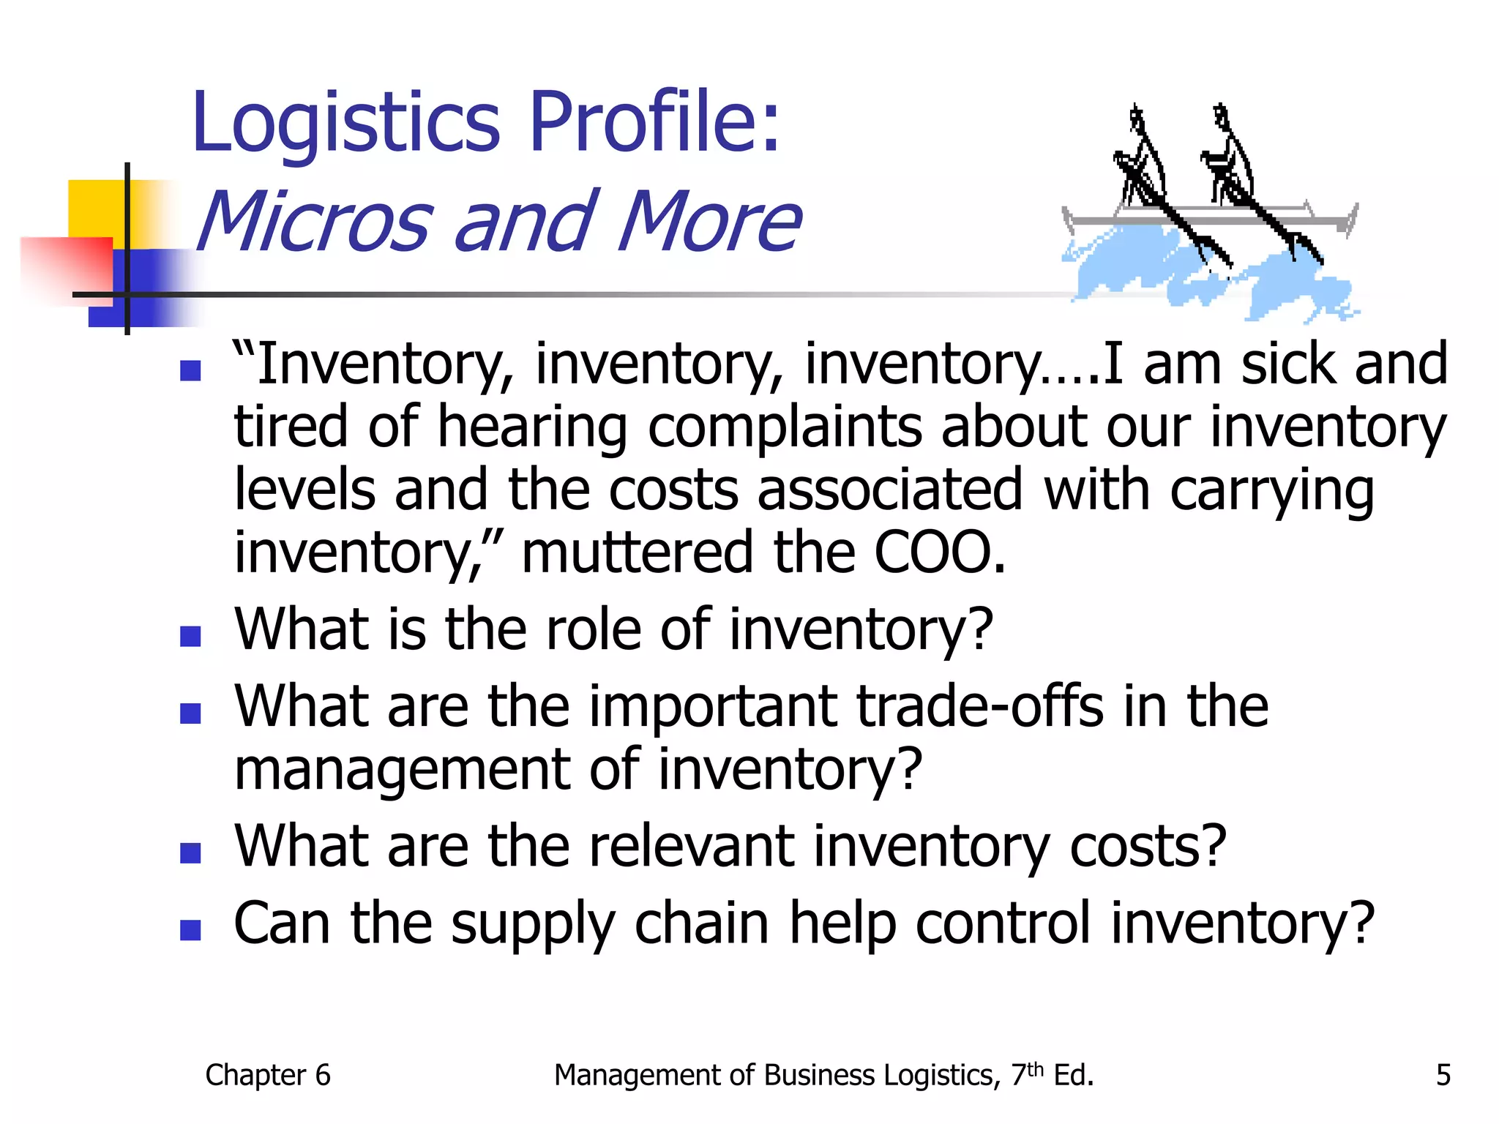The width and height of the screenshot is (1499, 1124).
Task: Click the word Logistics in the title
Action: click(x=345, y=123)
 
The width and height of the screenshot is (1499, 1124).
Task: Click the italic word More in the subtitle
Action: click(x=709, y=221)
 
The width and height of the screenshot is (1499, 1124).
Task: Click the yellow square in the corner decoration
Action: click(x=95, y=208)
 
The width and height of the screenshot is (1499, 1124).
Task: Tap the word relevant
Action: click(x=691, y=847)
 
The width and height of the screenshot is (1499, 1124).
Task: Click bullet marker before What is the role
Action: click(x=190, y=636)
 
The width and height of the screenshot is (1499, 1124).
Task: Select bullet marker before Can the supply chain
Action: click(x=190, y=930)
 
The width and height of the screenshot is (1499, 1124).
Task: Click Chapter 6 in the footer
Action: click(x=268, y=1075)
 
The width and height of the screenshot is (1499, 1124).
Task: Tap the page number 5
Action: click(x=1443, y=1075)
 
